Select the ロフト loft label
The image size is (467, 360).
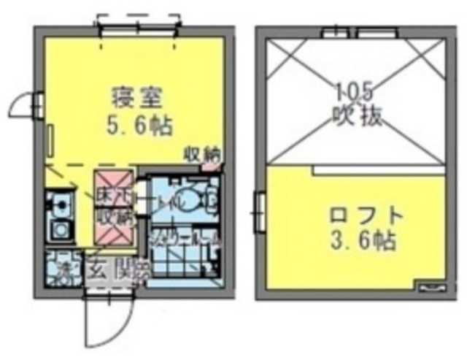(366, 216)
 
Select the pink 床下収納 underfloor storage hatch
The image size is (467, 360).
(113, 206)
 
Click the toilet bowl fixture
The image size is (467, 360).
(197, 198)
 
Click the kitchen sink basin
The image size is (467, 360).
(58, 204)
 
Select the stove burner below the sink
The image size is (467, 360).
(58, 231)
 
